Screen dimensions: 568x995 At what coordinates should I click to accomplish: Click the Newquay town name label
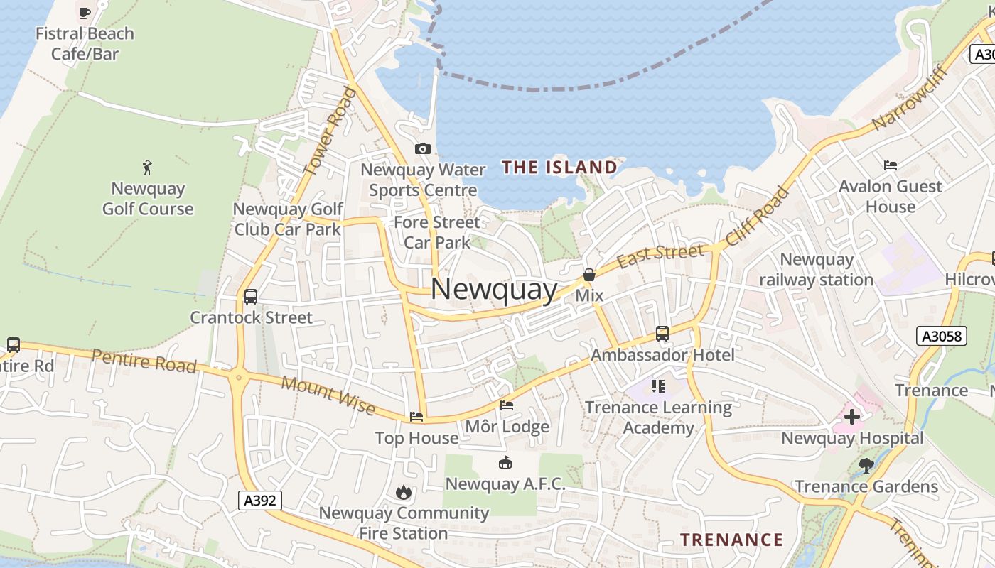coord(494,289)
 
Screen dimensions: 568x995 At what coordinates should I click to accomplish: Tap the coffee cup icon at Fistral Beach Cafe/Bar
coord(85,12)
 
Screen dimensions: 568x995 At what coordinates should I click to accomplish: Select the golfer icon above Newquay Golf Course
coord(147,168)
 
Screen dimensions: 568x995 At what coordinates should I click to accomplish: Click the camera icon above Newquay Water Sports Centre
coord(423,148)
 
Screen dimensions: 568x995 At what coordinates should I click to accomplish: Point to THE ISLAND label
coord(559,168)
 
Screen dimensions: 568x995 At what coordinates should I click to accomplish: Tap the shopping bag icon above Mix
coord(589,275)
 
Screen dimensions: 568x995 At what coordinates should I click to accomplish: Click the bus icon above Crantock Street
coord(251,296)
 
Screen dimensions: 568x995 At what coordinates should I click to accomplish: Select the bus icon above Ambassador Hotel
coord(662,333)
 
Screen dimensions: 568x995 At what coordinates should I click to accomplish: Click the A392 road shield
coord(259,501)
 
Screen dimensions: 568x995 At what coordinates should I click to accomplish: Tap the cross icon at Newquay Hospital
coord(851,417)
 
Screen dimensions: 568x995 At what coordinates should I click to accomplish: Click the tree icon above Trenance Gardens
coord(866,465)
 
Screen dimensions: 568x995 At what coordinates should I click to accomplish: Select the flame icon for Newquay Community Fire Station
coord(404,492)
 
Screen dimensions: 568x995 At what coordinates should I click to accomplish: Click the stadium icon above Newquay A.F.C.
coord(505,463)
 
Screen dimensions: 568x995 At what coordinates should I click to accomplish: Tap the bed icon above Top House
coord(416,417)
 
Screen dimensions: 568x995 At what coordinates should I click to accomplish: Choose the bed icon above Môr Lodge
coord(507,405)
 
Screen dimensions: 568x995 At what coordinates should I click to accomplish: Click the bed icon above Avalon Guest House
coord(890,165)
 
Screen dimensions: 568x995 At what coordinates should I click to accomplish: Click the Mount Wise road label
coord(328,394)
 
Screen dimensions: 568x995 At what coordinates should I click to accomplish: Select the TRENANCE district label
coord(731,540)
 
